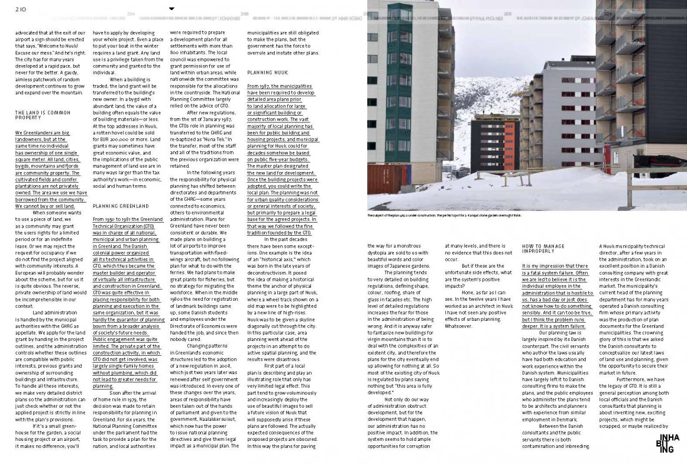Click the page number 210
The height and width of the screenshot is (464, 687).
pos(21,9)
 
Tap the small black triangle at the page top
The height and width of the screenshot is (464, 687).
pos(172,9)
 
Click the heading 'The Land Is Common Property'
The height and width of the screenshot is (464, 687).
pos(34,115)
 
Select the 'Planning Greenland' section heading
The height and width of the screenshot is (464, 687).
pos(120,206)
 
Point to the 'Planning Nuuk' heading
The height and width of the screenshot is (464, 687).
pos(267,73)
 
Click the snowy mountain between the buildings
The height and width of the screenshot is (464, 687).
pos(487,94)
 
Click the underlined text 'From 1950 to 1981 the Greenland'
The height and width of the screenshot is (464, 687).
pos(128,219)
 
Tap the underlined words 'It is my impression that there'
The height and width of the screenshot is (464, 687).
pos(555,266)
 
